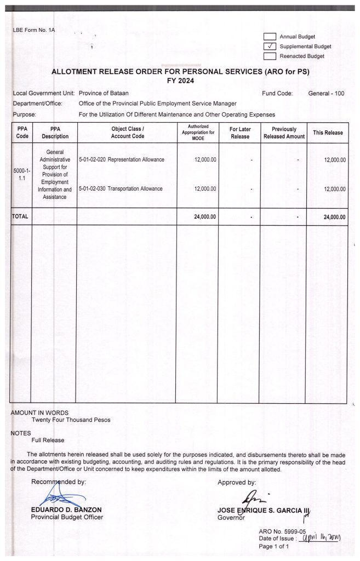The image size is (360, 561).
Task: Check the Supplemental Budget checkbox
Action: [269, 46]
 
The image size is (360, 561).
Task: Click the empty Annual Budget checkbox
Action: [269, 36]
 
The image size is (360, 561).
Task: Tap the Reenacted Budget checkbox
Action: [269, 56]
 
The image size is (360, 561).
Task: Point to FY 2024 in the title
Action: [180, 81]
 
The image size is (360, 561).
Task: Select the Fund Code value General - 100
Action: [326, 94]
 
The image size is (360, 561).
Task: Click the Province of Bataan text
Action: [104, 94]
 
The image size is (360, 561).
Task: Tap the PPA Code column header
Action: [22, 133]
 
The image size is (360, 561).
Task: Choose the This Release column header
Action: [328, 133]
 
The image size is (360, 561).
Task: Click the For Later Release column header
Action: [239, 133]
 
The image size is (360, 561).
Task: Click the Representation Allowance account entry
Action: [122, 159]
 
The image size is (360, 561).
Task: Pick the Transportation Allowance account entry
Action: [121, 189]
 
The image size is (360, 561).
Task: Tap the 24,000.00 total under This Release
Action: [334, 217]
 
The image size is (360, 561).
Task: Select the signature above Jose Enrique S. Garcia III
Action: [248, 497]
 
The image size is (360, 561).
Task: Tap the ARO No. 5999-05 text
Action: [282, 531]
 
